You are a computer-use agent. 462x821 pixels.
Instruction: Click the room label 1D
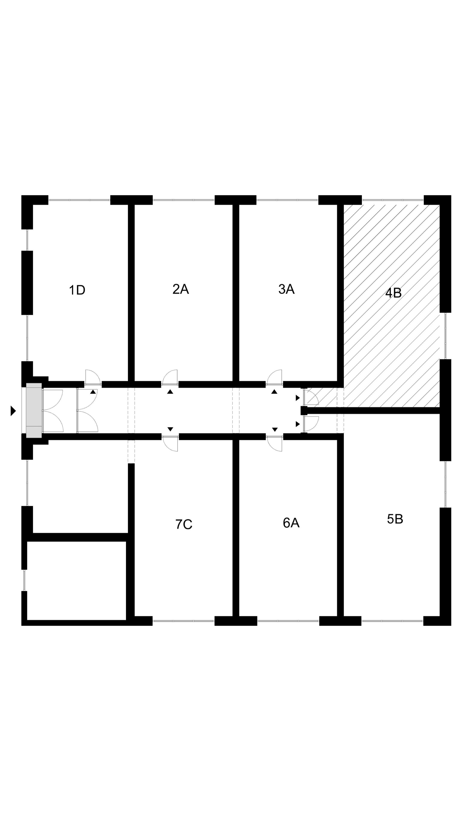click(x=77, y=290)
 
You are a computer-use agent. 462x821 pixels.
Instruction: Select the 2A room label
click(x=181, y=289)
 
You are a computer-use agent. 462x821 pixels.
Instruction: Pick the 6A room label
click(x=291, y=523)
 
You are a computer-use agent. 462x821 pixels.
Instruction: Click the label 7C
click(x=184, y=524)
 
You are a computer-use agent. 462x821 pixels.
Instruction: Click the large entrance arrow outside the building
click(x=13, y=411)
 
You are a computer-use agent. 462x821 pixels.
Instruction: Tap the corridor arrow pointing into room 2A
click(x=170, y=392)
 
